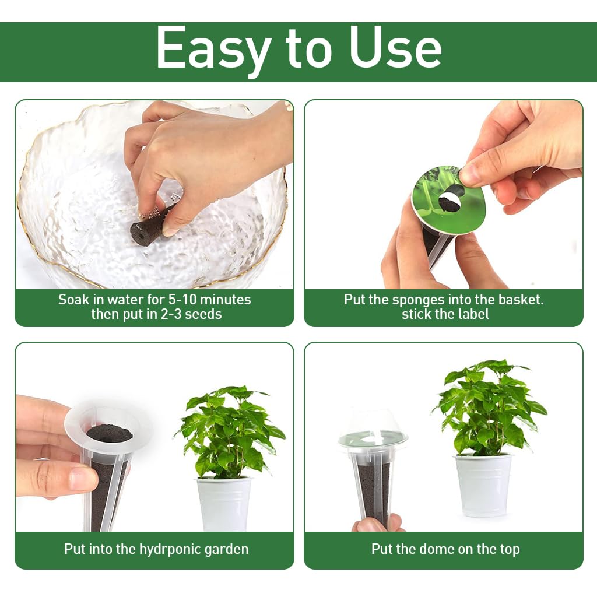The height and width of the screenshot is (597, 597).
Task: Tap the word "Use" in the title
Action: pos(395,49)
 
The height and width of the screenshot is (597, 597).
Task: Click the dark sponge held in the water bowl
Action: pos(149,227)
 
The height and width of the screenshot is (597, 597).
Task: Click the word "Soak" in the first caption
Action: pos(74,300)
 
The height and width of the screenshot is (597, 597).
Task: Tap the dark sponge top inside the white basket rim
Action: pos(109,433)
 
